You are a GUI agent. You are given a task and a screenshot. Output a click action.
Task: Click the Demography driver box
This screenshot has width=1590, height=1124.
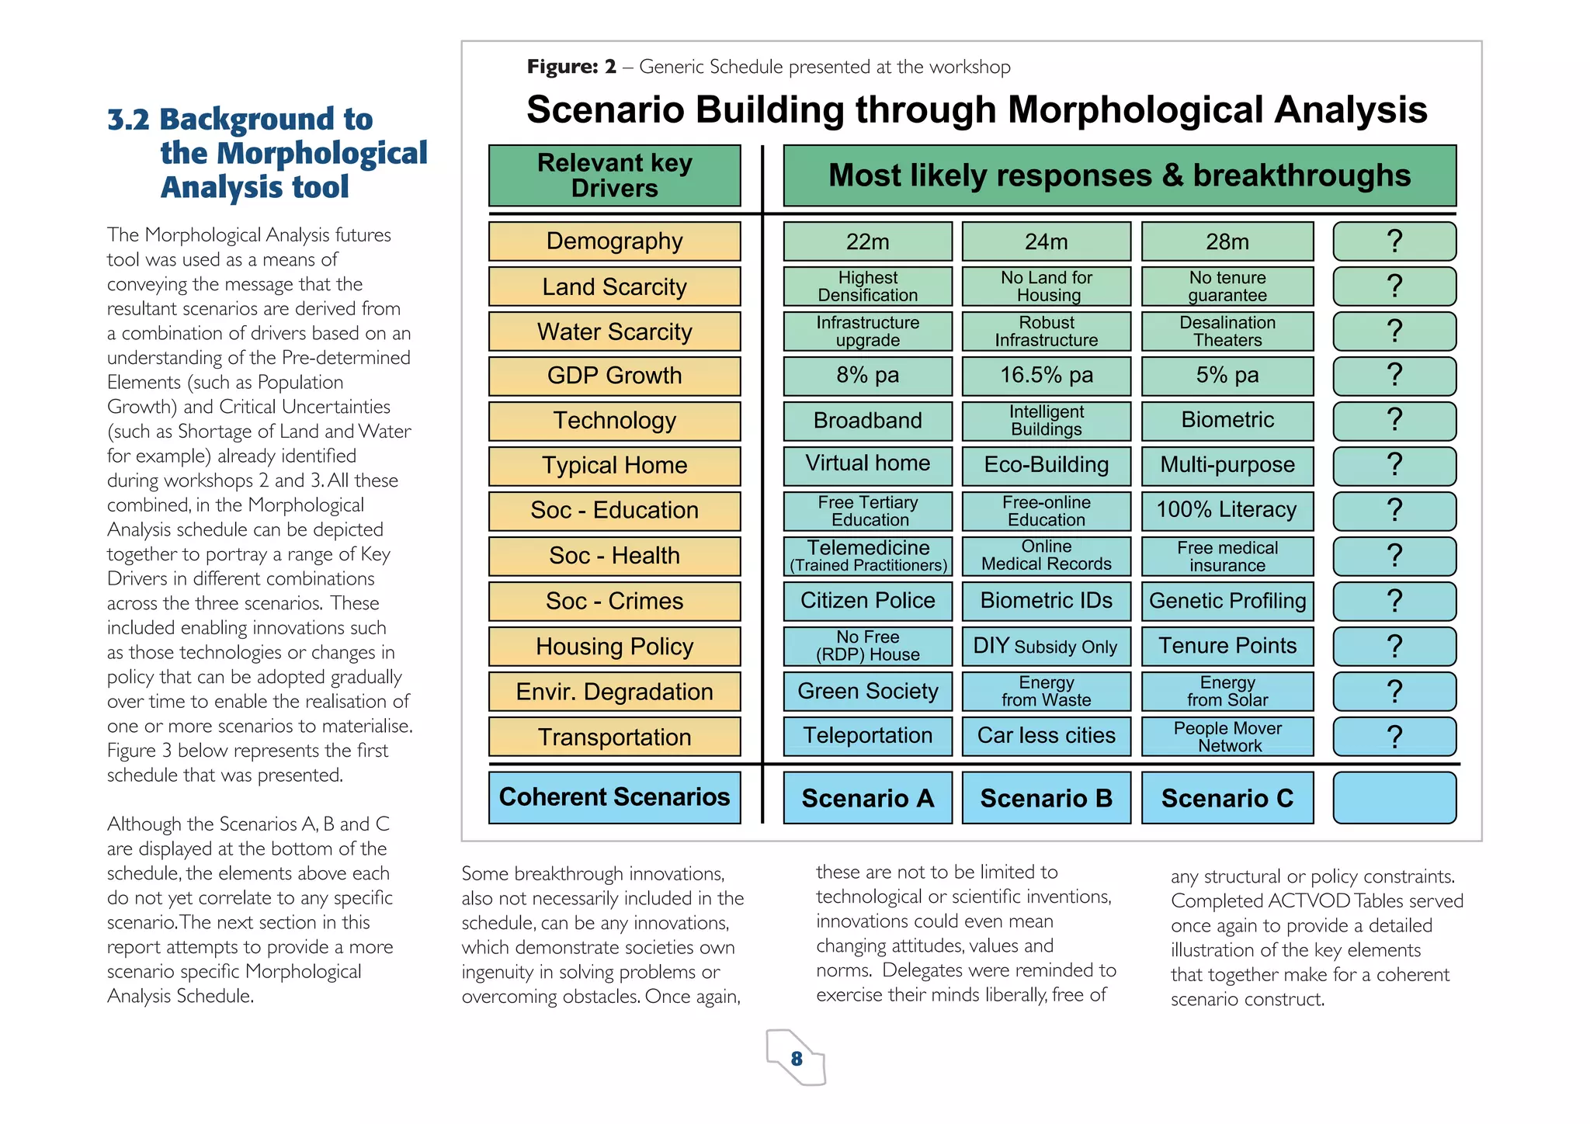pos(614,241)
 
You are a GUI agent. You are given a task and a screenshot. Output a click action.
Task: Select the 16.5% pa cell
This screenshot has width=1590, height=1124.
pos(1046,376)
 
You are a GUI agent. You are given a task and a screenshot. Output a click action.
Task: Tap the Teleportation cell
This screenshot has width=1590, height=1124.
pos(867,736)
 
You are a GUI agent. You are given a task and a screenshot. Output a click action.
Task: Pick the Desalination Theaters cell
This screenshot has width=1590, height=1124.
pos(1227,331)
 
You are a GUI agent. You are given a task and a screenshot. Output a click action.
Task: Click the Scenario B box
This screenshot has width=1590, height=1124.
pos(1046,798)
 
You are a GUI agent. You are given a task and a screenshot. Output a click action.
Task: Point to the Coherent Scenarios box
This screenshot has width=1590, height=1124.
pos(614,797)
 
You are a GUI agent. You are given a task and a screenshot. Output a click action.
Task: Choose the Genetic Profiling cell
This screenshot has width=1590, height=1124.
pos(1227,601)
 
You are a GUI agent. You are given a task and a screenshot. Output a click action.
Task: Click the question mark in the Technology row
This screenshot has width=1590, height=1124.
pos(1394,420)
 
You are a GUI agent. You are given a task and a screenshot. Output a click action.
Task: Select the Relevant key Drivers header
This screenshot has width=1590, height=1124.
pos(614,175)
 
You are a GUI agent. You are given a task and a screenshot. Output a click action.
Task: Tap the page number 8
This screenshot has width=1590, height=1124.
pos(797,1059)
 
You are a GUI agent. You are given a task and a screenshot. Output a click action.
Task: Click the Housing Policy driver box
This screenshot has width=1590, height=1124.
pos(614,647)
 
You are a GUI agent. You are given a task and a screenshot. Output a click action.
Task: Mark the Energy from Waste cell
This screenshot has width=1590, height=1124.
pos(1046,691)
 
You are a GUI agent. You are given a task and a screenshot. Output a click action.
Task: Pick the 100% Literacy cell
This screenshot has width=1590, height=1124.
pos(1227,510)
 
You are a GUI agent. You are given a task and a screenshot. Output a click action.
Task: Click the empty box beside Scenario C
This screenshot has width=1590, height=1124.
pos(1394,798)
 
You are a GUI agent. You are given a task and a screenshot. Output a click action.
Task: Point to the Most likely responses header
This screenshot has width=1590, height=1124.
pos(1119,175)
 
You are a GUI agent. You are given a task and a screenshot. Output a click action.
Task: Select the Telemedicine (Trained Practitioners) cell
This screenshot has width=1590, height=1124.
pos(867,556)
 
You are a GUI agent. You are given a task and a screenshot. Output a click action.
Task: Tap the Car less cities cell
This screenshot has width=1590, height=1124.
pos(1046,736)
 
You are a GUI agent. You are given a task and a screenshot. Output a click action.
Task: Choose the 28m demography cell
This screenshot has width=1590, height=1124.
pos(1227,241)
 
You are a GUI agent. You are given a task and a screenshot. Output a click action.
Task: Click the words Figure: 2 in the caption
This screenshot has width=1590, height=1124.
pos(571,67)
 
